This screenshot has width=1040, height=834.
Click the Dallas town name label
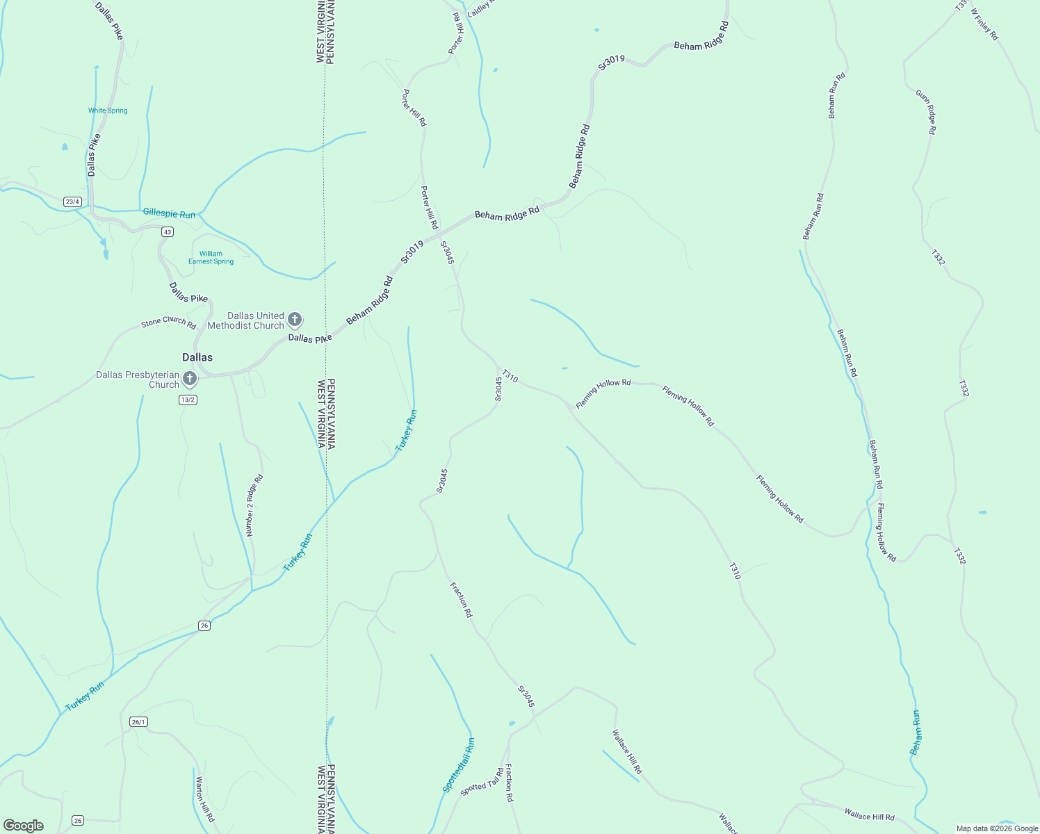pos(197,357)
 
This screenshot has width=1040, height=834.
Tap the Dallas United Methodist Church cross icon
pos(294,320)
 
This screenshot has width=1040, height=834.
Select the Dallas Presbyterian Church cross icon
pos(189,379)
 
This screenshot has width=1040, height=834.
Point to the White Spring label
pos(108,111)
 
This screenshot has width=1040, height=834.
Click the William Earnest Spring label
pos(211,258)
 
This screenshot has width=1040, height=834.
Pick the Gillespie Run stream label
pos(169,214)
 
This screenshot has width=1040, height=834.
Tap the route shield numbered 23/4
pos(72,202)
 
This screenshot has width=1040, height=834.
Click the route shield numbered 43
pos(167,231)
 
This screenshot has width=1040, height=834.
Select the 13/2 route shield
pos(188,400)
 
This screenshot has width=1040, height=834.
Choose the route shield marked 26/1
pos(138,722)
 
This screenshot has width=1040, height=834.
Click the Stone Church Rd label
pos(169,322)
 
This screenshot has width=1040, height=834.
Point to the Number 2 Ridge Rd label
pos(254,505)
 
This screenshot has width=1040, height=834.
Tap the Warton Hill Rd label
pos(204,799)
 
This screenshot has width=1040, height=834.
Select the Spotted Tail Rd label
pos(482,781)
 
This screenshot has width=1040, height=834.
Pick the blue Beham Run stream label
pos(916,733)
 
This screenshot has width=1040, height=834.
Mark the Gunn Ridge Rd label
pos(926,112)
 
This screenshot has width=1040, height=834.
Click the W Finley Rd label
pos(984,24)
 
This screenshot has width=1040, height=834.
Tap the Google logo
pos(23,826)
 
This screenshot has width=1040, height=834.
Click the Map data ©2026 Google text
pos(996,828)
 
